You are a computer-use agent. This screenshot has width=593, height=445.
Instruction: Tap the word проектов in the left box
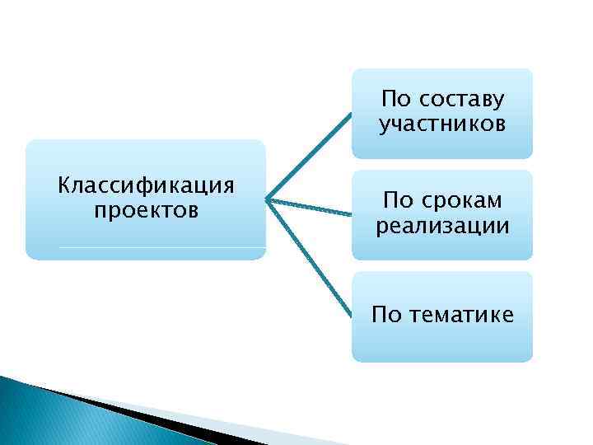[x=146, y=210]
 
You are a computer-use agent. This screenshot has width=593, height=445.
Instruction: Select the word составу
[x=462, y=100]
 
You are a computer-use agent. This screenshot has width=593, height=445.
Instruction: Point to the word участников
[x=442, y=124]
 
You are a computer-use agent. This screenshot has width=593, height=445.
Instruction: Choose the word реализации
[x=442, y=226]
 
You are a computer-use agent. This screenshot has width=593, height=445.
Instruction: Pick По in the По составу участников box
[x=396, y=100]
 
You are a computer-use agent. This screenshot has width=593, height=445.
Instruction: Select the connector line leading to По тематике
[x=309, y=255]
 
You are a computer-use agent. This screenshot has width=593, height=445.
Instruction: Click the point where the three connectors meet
[x=268, y=198]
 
